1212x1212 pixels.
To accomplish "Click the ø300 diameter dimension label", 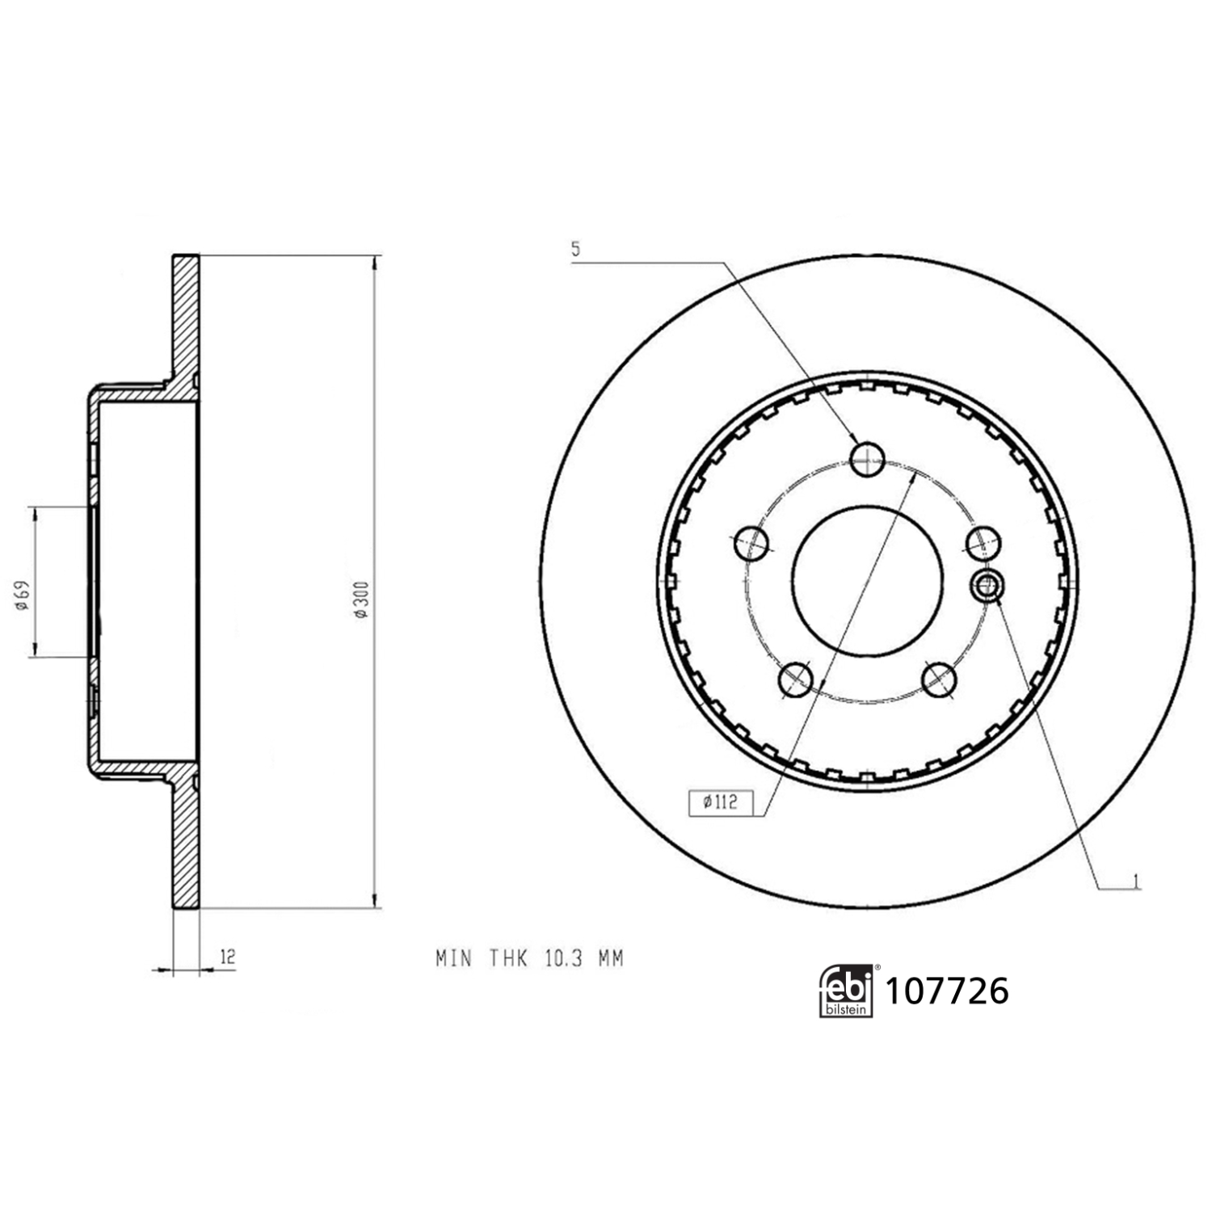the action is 361,600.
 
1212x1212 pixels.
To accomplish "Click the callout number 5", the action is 575,250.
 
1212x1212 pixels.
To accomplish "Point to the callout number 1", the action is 1136,880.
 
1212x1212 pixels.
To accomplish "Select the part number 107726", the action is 947,991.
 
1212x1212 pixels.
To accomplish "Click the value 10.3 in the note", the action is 562,959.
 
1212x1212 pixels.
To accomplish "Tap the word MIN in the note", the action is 453,959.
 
